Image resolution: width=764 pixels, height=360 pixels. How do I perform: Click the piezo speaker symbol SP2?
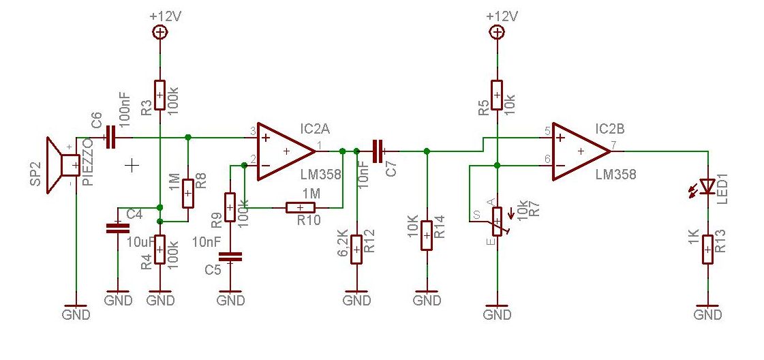point(63,165)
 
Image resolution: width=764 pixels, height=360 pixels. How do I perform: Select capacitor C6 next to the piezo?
point(110,137)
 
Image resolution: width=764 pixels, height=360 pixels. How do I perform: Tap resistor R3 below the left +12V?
point(159,95)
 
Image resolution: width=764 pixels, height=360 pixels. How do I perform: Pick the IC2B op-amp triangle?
point(581,151)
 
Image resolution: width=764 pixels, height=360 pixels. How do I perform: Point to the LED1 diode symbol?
point(707,185)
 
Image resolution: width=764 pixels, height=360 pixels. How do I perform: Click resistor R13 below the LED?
point(707,250)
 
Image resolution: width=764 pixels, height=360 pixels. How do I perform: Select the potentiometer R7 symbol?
point(497,222)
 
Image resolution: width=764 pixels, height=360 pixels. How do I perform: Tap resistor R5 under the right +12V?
point(497,95)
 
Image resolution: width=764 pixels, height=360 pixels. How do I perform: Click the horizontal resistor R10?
point(301,208)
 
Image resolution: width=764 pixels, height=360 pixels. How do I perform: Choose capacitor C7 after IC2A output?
point(378,151)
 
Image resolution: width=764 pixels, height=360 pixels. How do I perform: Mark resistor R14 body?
point(427,235)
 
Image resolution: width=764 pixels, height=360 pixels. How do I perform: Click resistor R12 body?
point(356,250)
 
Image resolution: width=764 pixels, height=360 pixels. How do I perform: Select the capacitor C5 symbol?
point(230,257)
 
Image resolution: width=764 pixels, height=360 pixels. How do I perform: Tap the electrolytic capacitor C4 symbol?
point(118,227)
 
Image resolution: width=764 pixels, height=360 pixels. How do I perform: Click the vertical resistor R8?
point(187,194)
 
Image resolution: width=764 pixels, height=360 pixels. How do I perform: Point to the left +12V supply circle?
point(159,33)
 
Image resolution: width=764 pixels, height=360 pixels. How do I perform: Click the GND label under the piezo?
point(76,314)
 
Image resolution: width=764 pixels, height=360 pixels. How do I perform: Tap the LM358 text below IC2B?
point(616,175)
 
